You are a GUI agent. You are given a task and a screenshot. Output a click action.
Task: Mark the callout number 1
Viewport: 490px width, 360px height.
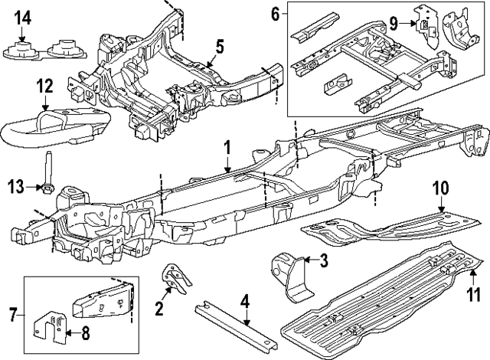[x=227, y=147]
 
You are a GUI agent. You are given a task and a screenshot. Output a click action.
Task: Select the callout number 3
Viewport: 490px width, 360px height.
[x=323, y=261]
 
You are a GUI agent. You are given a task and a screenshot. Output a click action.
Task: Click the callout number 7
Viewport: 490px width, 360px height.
[x=12, y=314]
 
